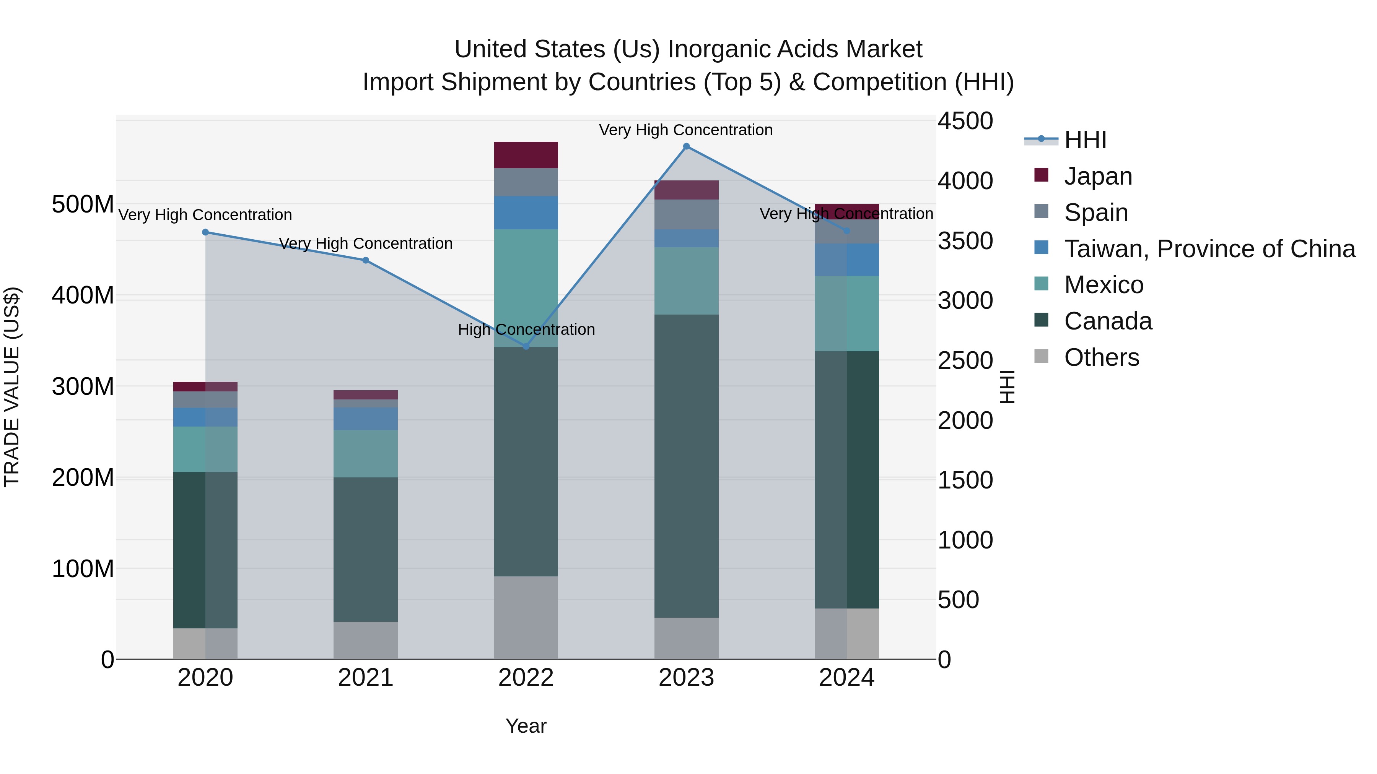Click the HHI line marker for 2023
click(x=686, y=146)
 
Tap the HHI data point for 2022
click(x=526, y=347)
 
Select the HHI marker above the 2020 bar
click(x=205, y=232)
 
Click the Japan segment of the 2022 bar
click(x=526, y=155)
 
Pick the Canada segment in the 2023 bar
click(x=686, y=466)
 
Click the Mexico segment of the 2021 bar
click(x=366, y=453)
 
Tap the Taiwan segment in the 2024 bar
click(x=847, y=260)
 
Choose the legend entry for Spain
click(x=1096, y=213)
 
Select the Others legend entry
click(x=1101, y=357)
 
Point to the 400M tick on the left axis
click(x=83, y=295)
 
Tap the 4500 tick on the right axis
click(x=965, y=121)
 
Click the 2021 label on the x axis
click(x=366, y=678)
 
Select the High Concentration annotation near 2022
click(x=526, y=329)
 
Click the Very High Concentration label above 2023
click(x=686, y=130)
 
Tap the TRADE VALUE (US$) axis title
click(x=12, y=387)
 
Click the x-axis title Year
click(x=526, y=726)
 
